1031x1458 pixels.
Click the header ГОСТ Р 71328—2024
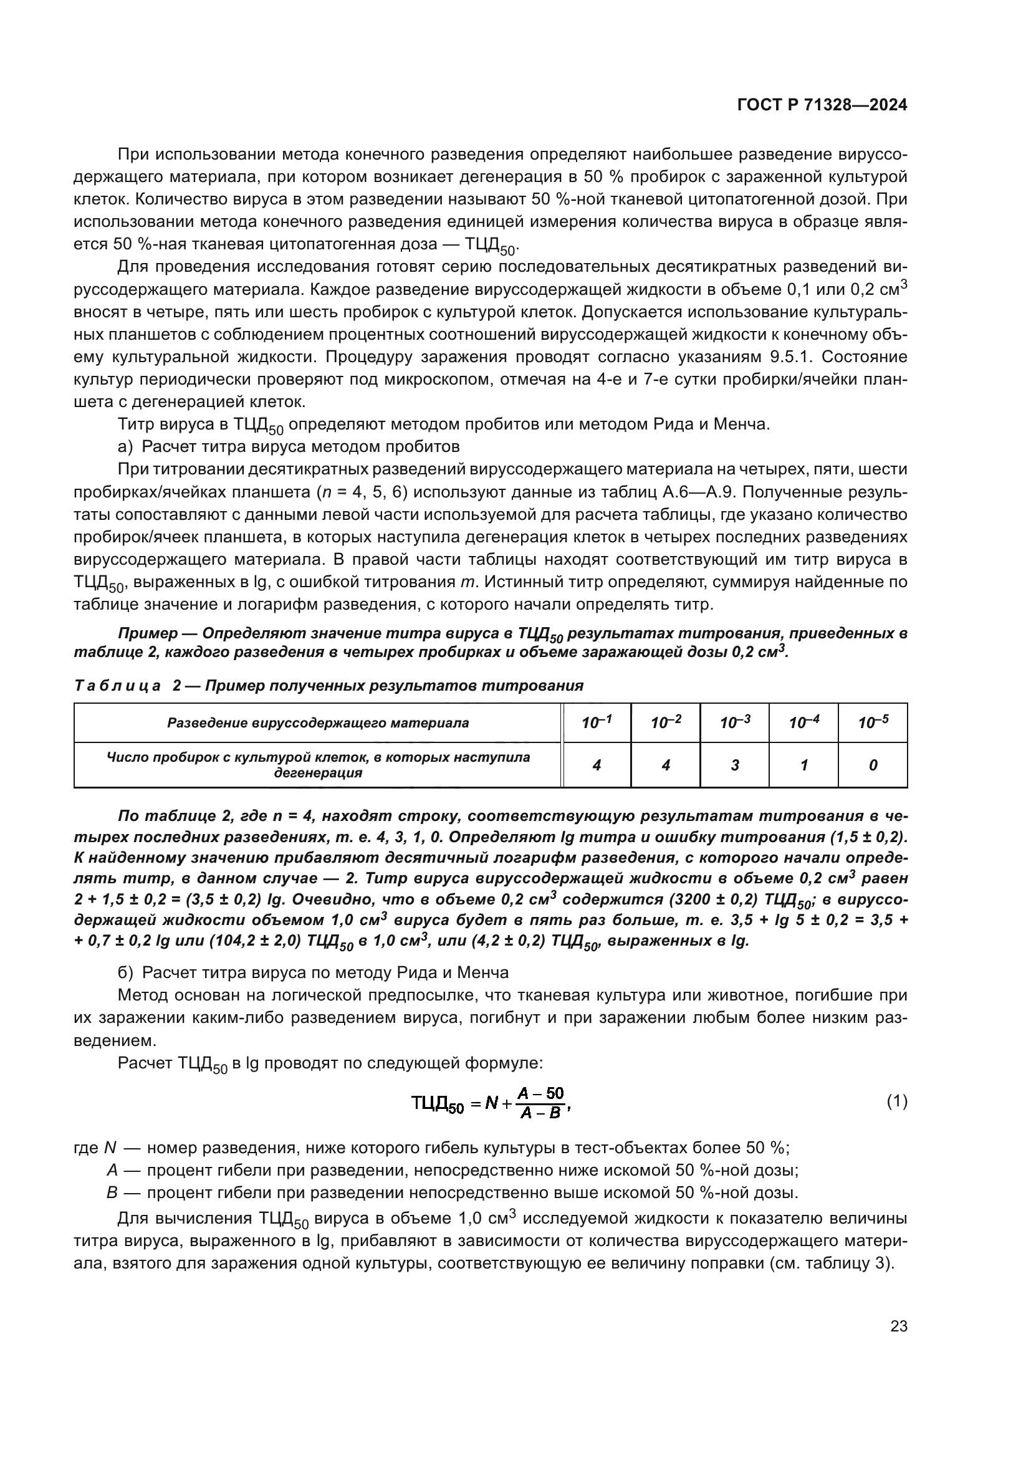click(x=822, y=105)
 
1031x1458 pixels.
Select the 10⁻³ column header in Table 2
click(x=734, y=722)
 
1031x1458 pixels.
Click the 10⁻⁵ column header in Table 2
click(x=873, y=722)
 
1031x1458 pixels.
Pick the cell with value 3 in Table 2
click(x=734, y=765)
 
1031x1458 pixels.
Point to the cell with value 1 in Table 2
click(x=803, y=765)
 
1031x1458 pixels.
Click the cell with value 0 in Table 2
click(x=873, y=765)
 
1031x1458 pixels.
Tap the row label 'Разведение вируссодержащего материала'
click(x=318, y=722)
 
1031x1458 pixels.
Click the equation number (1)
click(x=896, y=1101)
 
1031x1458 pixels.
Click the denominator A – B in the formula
click(x=540, y=1113)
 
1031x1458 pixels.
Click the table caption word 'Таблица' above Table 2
click(x=117, y=686)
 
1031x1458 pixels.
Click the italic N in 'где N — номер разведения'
click(x=110, y=1148)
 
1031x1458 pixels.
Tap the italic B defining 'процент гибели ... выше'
click(x=112, y=1192)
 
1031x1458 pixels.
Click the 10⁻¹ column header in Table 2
click(x=597, y=722)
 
